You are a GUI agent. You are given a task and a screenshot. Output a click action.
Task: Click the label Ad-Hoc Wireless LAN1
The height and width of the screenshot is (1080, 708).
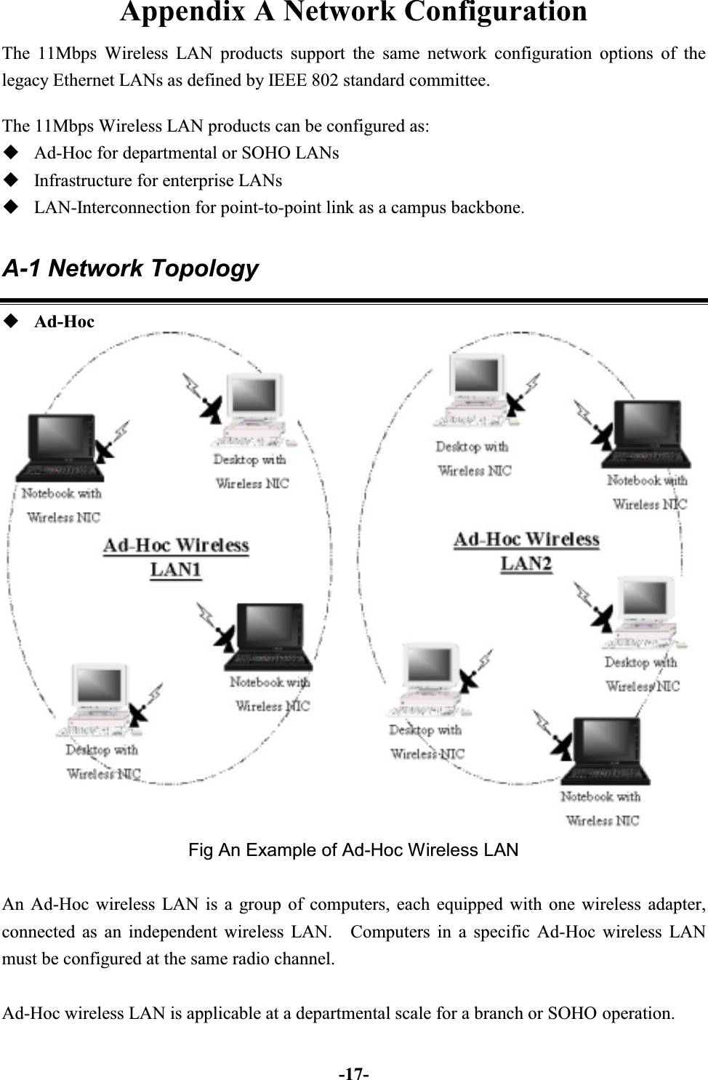[176, 557]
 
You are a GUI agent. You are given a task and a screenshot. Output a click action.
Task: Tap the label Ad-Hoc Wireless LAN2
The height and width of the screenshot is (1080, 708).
[526, 551]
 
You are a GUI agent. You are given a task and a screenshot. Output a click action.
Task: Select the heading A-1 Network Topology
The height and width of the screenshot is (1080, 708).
[130, 268]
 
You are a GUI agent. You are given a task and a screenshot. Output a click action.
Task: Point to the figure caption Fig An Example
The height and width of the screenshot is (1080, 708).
[353, 849]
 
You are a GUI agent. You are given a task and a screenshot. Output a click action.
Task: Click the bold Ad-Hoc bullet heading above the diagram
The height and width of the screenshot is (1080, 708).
[64, 321]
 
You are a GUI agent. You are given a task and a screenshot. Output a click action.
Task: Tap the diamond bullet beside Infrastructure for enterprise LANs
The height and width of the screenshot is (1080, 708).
[11, 180]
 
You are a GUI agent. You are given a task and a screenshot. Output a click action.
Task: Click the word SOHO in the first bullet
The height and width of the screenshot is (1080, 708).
[265, 153]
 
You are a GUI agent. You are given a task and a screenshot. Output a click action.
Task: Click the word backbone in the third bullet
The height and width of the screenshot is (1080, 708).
[486, 207]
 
